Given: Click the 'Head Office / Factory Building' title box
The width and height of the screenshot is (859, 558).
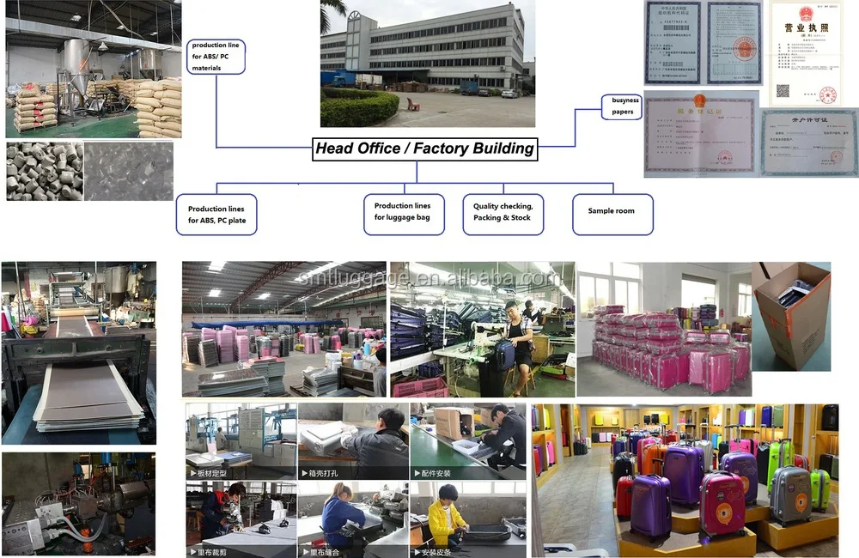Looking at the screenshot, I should [424, 149].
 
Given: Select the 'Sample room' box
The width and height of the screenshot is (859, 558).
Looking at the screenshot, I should [612, 211].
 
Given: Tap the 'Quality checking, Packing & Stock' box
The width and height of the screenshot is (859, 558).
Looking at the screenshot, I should [503, 212].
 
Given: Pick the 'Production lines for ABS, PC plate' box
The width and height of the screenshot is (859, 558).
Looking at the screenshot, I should [218, 215].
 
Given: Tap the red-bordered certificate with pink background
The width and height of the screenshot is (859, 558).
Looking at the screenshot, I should [699, 133].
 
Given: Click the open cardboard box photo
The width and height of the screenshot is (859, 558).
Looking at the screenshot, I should [791, 315].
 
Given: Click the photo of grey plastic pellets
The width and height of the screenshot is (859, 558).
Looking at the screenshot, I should [45, 172].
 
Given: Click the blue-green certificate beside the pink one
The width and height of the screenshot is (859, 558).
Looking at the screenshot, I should [808, 143].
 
